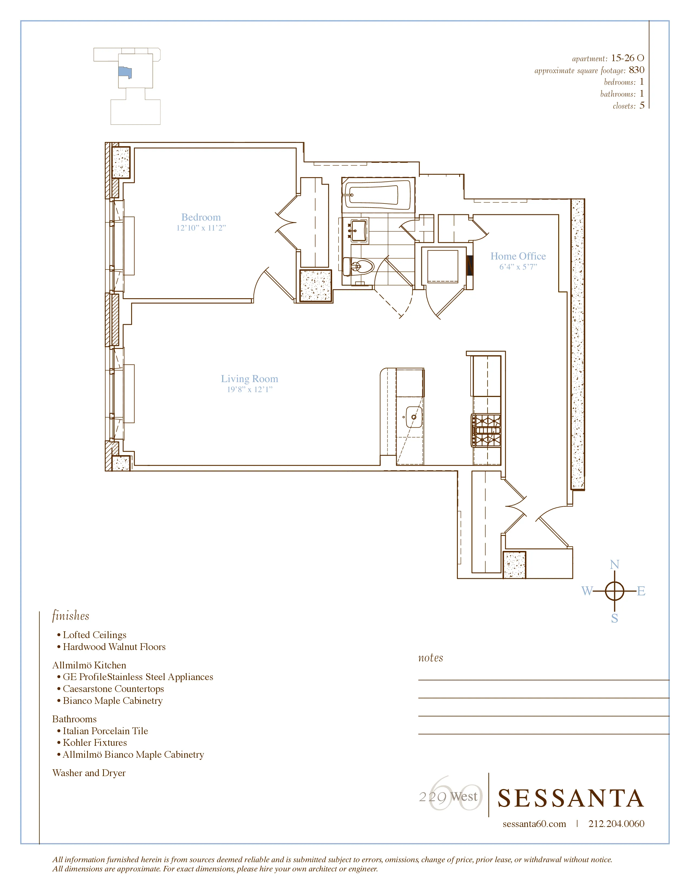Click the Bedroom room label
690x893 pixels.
point(201,217)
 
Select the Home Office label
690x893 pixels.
point(518,256)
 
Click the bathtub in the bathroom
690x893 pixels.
point(372,195)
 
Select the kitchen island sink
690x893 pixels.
point(414,417)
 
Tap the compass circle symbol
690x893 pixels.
point(615,591)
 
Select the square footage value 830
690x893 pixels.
point(636,70)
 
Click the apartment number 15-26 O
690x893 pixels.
point(627,58)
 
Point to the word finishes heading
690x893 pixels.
point(70,616)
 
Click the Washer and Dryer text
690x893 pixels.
point(89,773)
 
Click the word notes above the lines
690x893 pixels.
point(431,658)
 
